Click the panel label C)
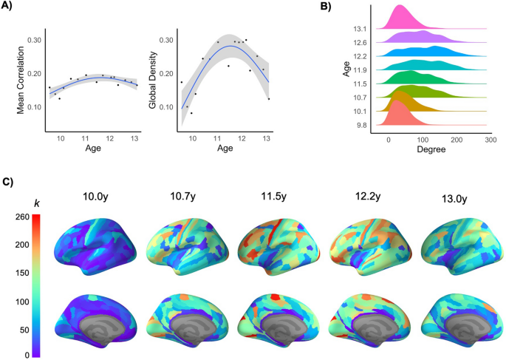point(10,182)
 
